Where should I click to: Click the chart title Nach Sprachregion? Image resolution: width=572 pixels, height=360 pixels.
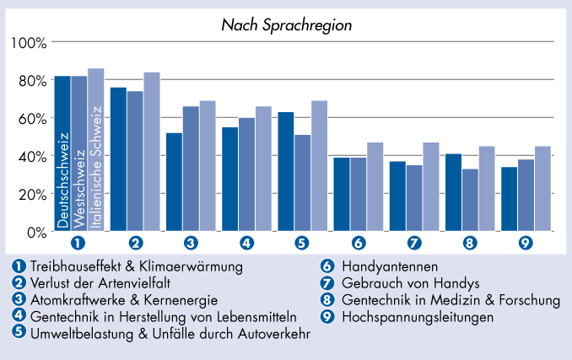[286, 25]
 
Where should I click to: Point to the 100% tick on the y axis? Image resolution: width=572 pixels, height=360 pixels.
[30, 42]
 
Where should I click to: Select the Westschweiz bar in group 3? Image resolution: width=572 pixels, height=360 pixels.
[191, 169]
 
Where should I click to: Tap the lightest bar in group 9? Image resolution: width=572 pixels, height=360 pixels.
[542, 189]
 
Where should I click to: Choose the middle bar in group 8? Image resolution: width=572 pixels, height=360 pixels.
[470, 200]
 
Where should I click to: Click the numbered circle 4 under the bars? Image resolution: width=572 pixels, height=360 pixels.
[246, 243]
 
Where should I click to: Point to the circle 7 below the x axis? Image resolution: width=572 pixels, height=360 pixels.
[413, 243]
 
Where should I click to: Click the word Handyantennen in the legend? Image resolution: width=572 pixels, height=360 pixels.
[384, 266]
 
